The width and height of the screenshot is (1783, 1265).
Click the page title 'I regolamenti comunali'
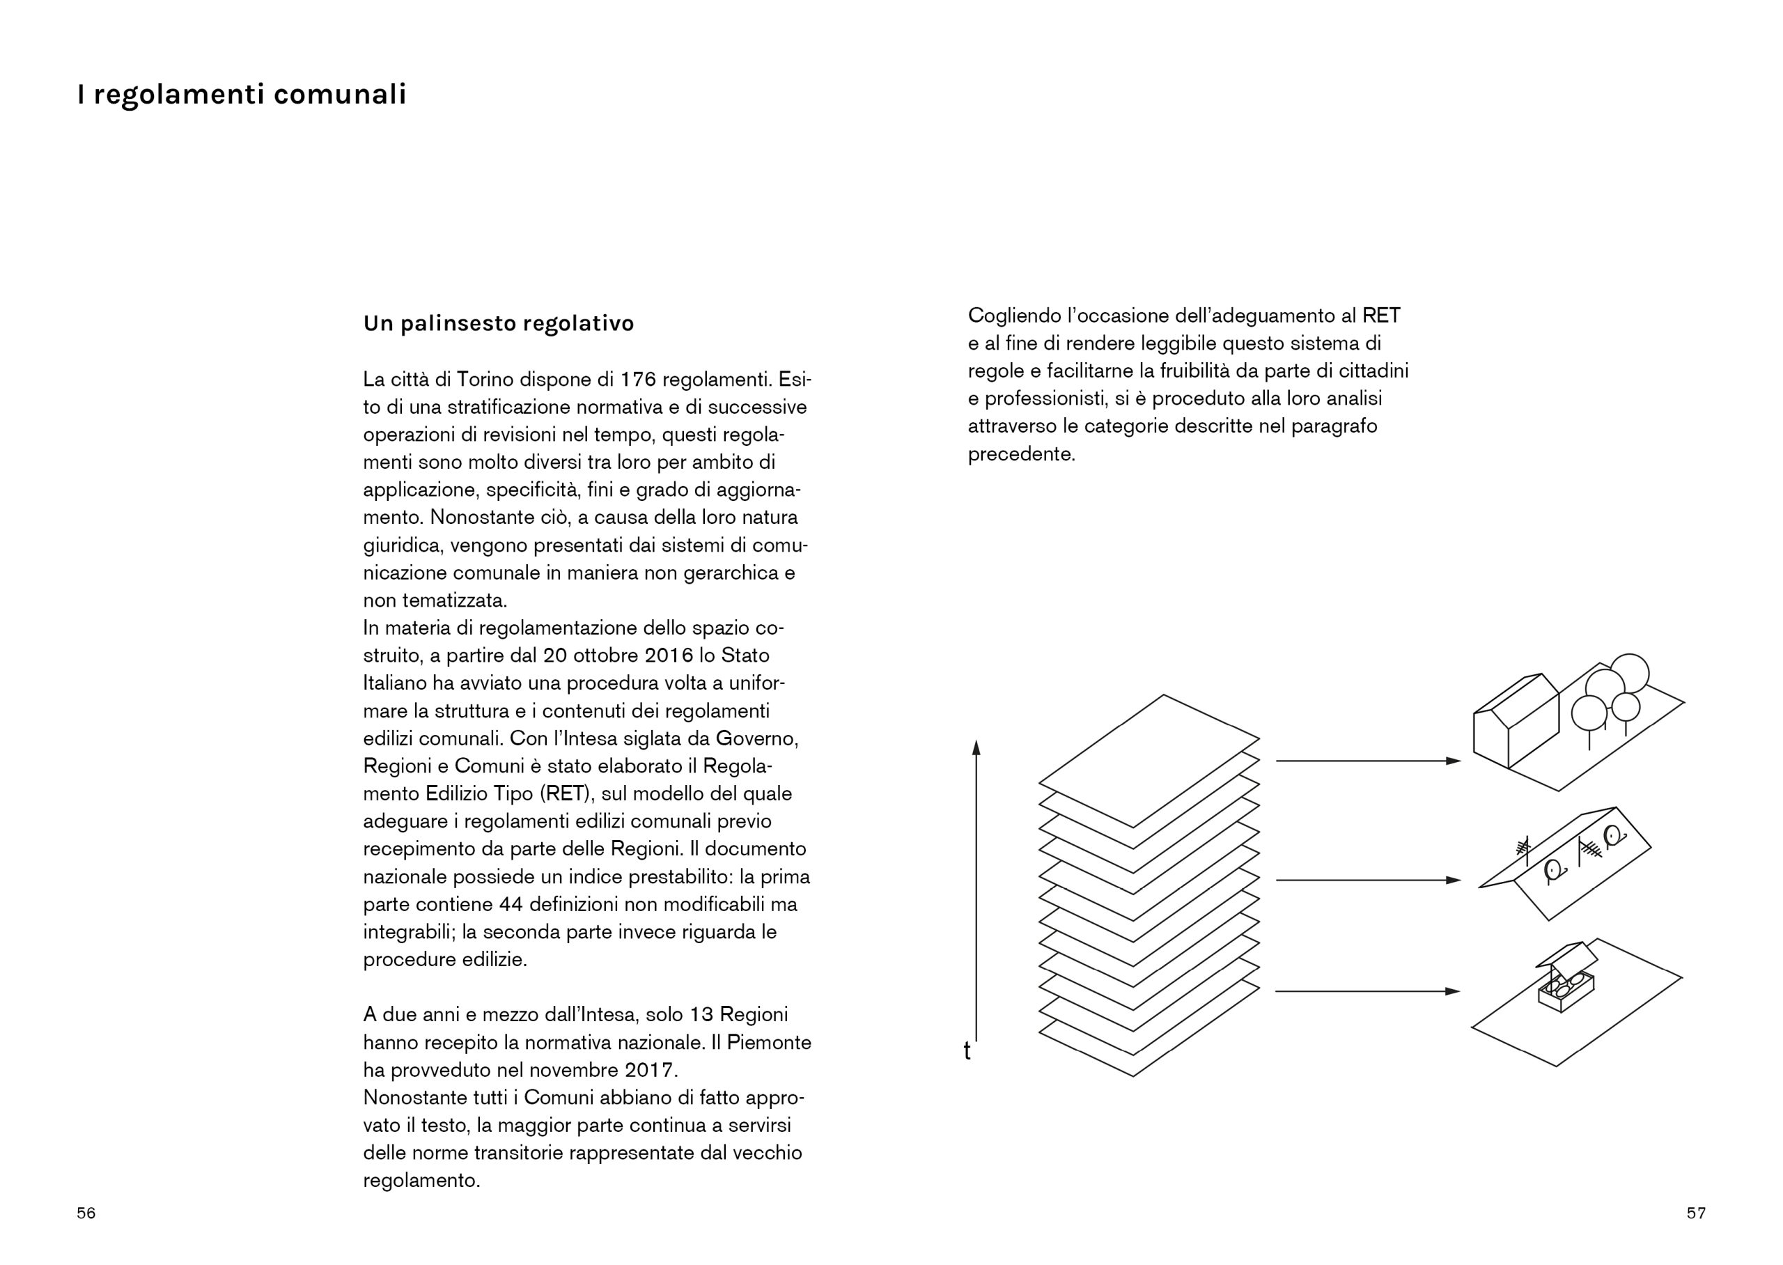point(242,94)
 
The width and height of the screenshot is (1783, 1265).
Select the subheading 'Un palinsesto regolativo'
point(498,323)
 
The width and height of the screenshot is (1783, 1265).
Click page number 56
point(86,1213)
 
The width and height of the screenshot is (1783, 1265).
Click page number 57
point(1696,1213)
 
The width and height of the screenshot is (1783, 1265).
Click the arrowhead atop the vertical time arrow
point(976,747)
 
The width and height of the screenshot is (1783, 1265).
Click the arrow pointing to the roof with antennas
point(1367,880)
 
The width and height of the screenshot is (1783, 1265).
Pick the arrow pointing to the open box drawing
point(1367,992)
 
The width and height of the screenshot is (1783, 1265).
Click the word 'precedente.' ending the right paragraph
point(1021,454)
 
